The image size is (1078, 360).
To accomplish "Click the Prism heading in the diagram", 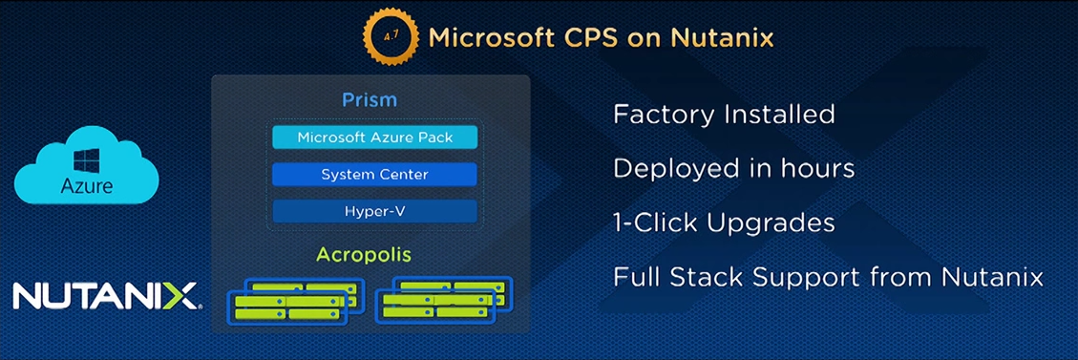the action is tap(370, 99).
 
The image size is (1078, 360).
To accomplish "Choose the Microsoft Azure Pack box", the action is tap(374, 138).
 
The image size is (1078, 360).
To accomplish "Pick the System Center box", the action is tap(374, 175).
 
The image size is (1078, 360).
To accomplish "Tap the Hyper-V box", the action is tap(374, 212).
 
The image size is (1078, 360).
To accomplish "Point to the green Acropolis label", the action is tap(364, 256).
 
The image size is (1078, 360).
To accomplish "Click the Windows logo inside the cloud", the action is tap(87, 162).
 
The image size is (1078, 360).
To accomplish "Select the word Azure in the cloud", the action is tap(87, 186).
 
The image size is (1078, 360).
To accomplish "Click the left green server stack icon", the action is tap(296, 301).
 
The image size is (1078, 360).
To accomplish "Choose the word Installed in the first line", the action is tap(776, 114).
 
